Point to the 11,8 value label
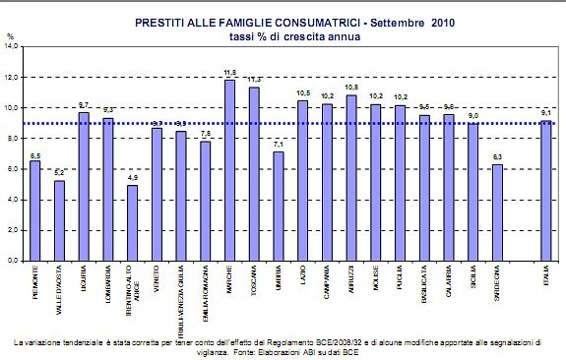point(229,73)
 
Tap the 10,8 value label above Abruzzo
point(351,88)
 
